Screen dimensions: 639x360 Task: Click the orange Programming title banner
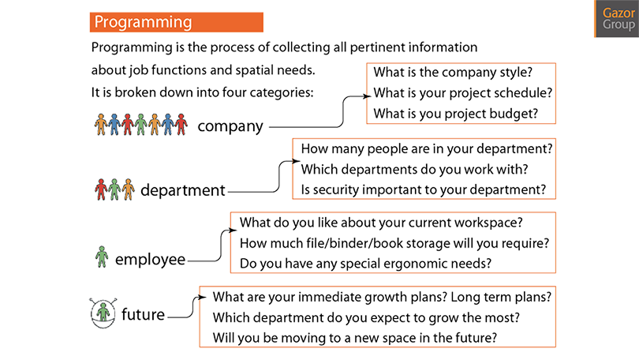click(x=177, y=22)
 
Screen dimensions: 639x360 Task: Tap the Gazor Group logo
click(x=617, y=19)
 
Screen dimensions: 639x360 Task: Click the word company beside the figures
click(x=230, y=127)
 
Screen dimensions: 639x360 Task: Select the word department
click(x=182, y=190)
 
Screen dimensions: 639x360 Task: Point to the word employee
click(x=150, y=260)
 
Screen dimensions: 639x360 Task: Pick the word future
click(x=143, y=314)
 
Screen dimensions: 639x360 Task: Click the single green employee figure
click(x=102, y=257)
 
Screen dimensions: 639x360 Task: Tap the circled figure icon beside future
click(x=103, y=313)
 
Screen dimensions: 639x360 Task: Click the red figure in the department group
click(x=101, y=189)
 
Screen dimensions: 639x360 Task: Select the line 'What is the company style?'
click(x=453, y=72)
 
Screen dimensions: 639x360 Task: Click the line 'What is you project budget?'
click(x=456, y=114)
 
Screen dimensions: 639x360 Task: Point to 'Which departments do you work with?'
click(x=414, y=169)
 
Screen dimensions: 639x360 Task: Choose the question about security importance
click(x=424, y=189)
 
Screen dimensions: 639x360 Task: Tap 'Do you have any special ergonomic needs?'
click(x=365, y=264)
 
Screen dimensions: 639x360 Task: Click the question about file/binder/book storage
click(x=394, y=243)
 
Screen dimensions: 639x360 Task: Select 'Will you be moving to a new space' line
click(x=354, y=338)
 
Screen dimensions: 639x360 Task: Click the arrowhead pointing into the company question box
click(x=366, y=96)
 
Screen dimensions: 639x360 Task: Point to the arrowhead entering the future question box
click(x=202, y=297)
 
